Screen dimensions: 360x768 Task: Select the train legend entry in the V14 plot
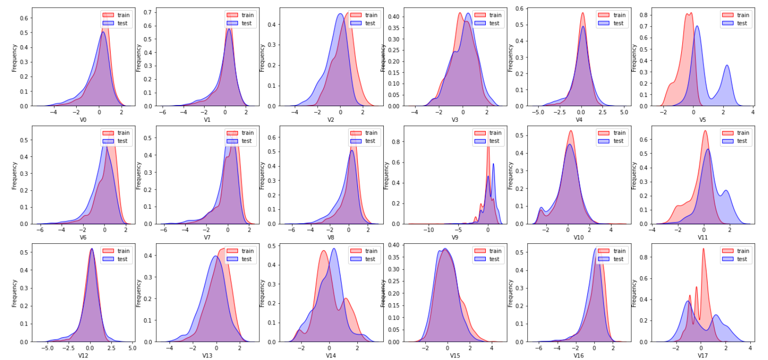371,251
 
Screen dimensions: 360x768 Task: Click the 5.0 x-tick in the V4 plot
624,112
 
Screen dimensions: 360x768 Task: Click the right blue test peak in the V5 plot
727,66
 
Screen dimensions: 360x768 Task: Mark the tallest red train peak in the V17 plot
704,249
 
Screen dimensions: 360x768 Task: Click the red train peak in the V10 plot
571,131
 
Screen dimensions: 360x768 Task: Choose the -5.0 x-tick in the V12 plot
47,347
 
